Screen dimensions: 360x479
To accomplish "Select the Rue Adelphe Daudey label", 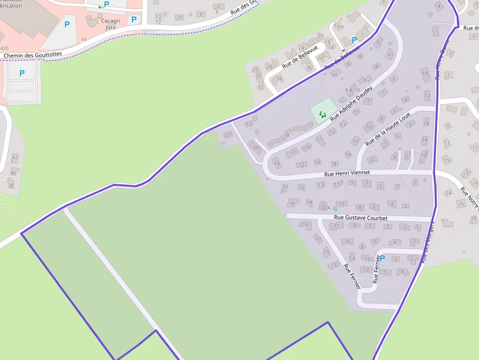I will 351,104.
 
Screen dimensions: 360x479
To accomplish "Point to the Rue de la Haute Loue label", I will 388,129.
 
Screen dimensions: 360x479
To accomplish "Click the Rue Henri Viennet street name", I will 347,173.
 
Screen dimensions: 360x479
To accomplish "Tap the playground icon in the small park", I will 323,115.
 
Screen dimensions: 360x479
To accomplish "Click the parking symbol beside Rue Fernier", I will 382,258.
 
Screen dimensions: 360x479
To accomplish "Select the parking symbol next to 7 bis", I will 354,40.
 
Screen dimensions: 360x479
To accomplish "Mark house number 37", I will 228,135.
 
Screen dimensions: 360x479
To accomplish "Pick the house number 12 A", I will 325,208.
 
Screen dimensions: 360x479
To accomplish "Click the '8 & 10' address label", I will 352,90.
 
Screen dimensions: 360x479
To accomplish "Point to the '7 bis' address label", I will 338,26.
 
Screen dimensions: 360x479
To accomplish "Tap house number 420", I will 4,48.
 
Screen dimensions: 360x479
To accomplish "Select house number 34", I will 279,79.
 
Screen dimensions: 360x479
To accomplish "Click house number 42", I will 15,157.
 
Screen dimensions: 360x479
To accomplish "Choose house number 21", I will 294,151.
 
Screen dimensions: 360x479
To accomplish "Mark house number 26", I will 460,203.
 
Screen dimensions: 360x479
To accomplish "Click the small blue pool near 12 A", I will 335,209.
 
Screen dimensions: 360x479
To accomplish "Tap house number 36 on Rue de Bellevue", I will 309,68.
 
